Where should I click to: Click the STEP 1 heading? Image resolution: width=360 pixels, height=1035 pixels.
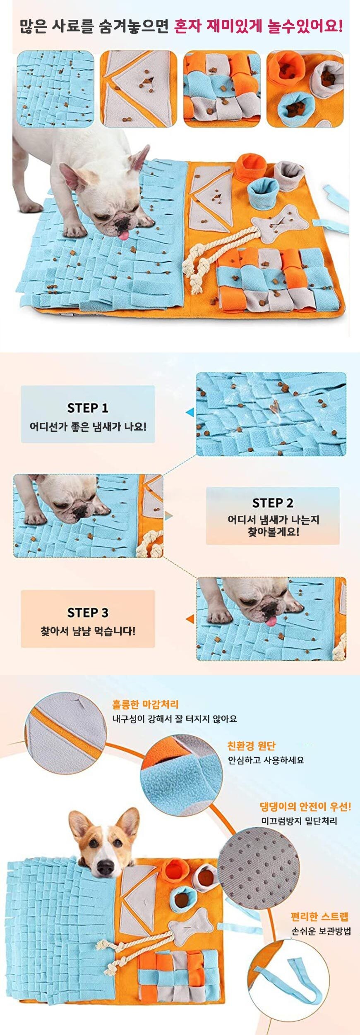[x=88, y=408]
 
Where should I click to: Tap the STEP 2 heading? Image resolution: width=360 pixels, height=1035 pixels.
[x=273, y=503]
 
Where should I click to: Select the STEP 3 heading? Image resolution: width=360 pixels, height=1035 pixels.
[x=88, y=612]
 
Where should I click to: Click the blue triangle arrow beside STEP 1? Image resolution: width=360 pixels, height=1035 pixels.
[x=190, y=412]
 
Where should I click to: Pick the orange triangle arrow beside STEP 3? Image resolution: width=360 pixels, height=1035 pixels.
[x=190, y=619]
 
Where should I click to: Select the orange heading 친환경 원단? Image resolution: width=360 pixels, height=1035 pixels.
[x=251, y=746]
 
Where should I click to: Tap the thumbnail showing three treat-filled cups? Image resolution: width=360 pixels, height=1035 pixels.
[x=305, y=89]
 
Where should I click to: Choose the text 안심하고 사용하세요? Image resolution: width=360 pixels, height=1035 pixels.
[x=266, y=760]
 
